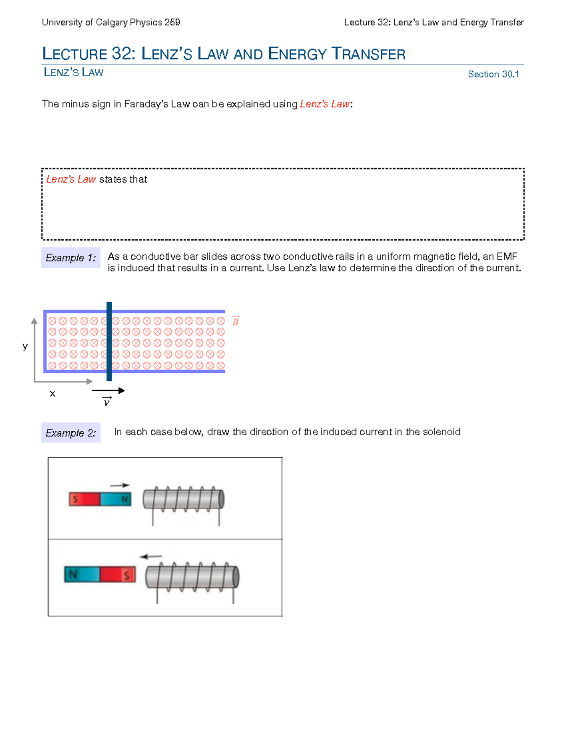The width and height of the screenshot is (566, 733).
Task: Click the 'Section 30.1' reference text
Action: tap(493, 74)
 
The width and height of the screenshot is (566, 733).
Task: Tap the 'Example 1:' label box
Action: tap(71, 258)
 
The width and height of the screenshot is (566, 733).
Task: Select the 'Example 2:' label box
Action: tap(71, 433)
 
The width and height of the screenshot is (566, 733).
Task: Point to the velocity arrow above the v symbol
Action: tap(108, 390)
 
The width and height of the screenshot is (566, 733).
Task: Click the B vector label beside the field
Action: tap(235, 321)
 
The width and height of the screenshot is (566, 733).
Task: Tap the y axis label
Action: tap(25, 346)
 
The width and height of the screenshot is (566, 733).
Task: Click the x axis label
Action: tap(52, 393)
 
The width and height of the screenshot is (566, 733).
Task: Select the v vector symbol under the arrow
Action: tap(107, 402)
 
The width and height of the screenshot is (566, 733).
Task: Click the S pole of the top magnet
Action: tap(84, 499)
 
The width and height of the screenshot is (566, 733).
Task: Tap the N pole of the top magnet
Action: tap(116, 499)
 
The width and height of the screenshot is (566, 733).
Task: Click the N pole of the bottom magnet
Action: tap(82, 574)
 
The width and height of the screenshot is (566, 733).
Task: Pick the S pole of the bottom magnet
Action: tap(118, 574)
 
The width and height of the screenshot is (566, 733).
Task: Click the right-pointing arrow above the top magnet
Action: tap(119, 485)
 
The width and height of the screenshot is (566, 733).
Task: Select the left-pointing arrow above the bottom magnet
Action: tap(151, 556)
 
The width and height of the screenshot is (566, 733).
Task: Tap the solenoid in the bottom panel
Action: tap(192, 577)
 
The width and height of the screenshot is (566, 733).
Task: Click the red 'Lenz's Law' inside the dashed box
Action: tap(71, 179)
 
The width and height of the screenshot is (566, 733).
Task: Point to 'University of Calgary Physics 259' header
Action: tap(111, 22)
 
